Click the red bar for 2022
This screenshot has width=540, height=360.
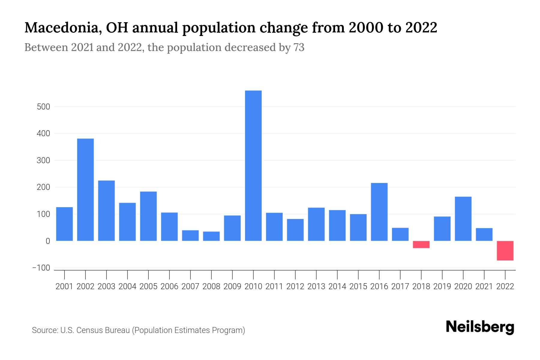click(x=505, y=250)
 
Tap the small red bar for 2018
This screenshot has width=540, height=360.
click(x=421, y=244)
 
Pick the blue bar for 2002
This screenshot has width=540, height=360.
click(x=85, y=190)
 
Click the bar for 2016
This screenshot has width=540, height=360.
click(x=379, y=212)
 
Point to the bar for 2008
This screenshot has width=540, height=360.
click(x=211, y=236)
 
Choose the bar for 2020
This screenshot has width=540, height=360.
click(x=463, y=219)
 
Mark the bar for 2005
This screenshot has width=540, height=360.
click(x=148, y=216)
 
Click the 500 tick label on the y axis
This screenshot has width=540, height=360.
click(x=43, y=107)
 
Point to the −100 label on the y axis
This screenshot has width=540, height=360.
click(x=41, y=268)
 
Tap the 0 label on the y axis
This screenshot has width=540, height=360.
click(x=48, y=241)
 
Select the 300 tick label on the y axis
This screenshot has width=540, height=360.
click(x=43, y=160)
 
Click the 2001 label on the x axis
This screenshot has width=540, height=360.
click(x=64, y=286)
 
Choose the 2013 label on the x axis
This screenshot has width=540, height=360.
click(x=316, y=286)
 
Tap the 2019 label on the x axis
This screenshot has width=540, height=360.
click(x=442, y=286)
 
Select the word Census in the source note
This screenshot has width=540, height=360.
click(x=88, y=330)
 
